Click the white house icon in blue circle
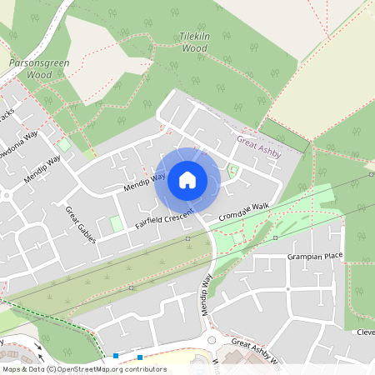[x=187, y=179]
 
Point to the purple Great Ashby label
[x=259, y=147]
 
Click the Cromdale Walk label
[x=245, y=211]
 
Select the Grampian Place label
[x=315, y=256]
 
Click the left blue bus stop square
[x=115, y=356]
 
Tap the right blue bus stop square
[x=140, y=357]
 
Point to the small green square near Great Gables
[x=115, y=224]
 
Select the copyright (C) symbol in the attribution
[x=52, y=368]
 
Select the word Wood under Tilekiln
[x=194, y=48]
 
